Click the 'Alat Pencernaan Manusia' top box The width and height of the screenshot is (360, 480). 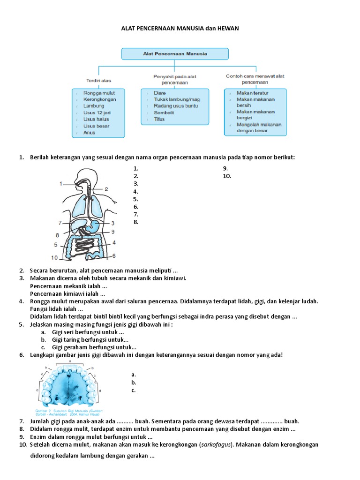(175, 54)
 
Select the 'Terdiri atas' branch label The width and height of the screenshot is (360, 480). (98, 80)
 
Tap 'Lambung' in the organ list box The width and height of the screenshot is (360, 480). (94, 106)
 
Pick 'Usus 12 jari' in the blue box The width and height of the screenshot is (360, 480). (97, 112)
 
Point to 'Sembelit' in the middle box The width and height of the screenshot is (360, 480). (165, 112)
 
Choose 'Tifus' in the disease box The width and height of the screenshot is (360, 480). (159, 119)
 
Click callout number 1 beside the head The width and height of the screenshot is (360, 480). (61, 184)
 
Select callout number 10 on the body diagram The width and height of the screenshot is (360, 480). (55, 257)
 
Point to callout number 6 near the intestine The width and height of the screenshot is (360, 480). (114, 256)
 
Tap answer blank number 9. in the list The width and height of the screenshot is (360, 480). (225, 169)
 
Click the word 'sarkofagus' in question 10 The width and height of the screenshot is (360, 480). (215, 444)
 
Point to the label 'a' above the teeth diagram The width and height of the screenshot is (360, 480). (70, 362)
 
